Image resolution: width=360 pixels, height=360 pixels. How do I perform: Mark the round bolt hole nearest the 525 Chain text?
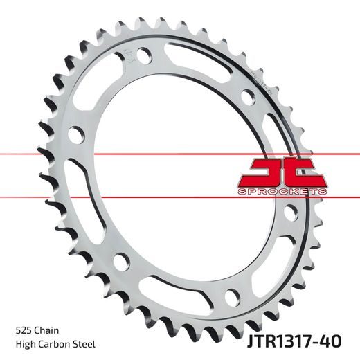point(120,261)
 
